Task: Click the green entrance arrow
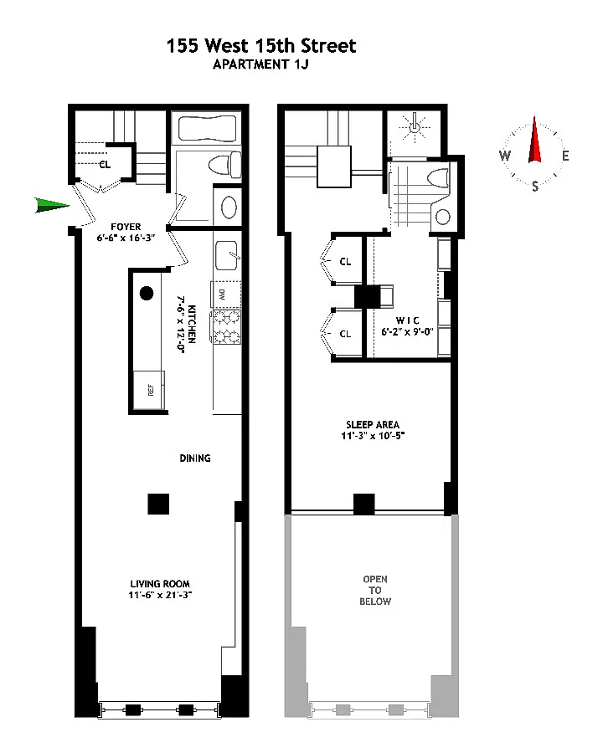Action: point(52,205)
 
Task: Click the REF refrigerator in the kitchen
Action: point(149,389)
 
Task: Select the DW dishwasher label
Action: point(222,295)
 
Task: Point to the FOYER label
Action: point(126,227)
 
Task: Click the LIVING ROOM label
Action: point(160,583)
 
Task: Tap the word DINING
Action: point(195,458)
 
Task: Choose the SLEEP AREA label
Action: point(373,424)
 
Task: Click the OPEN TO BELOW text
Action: point(375,590)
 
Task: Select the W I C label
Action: point(407,320)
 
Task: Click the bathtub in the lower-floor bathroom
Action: point(207,128)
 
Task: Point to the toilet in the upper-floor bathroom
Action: point(438,177)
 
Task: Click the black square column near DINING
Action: point(158,505)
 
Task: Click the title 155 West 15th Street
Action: point(261,46)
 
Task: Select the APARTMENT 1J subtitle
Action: point(260,64)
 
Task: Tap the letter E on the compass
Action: point(565,156)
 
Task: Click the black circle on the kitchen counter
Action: point(147,293)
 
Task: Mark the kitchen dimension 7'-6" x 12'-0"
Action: point(182,324)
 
